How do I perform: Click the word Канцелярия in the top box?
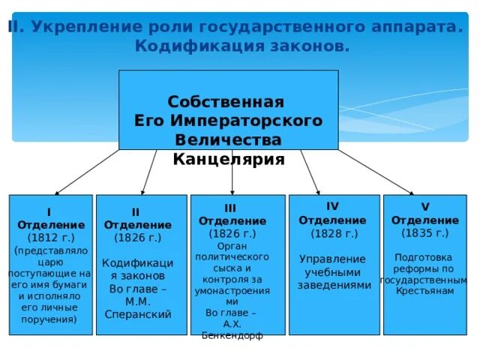tap(229, 160)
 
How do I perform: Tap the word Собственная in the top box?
tap(226, 102)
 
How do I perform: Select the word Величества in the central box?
tap(228, 140)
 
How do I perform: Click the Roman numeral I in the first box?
tap(49, 212)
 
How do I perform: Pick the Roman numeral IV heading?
tap(332, 206)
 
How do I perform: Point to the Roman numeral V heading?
tap(424, 206)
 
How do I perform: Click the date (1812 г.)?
tap(50, 238)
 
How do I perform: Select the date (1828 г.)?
tap(332, 233)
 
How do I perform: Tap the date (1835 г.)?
tap(424, 233)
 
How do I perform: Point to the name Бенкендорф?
tap(232, 335)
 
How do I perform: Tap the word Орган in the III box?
tap(232, 245)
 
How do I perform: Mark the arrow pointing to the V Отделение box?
tap(375, 172)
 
